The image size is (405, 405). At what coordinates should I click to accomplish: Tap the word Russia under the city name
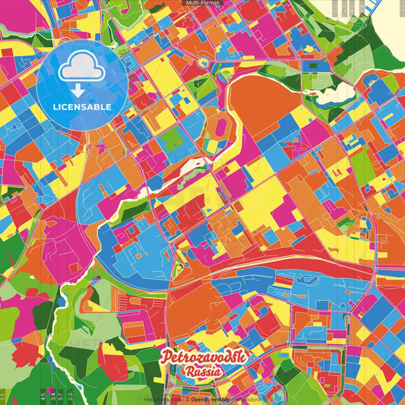[201, 372]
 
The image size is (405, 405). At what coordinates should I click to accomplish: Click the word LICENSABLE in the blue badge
[82, 106]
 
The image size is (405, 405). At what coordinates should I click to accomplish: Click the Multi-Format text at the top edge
[202, 3]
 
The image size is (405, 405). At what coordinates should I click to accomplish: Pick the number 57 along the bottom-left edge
[60, 394]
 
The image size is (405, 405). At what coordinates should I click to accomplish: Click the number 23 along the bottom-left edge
[70, 394]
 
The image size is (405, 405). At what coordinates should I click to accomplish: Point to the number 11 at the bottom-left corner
[4, 396]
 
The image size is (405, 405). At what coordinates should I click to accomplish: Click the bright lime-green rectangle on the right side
[365, 163]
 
